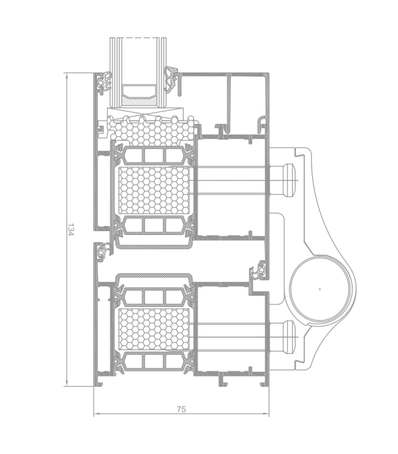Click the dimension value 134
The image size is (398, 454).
(71, 229)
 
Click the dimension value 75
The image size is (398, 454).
(181, 409)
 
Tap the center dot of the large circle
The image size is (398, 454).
(320, 289)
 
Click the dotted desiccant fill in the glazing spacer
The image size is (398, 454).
(139, 101)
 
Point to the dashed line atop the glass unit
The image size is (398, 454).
(139, 38)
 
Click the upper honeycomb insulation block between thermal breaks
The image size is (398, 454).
(155, 190)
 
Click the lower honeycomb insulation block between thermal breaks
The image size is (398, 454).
(155, 329)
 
